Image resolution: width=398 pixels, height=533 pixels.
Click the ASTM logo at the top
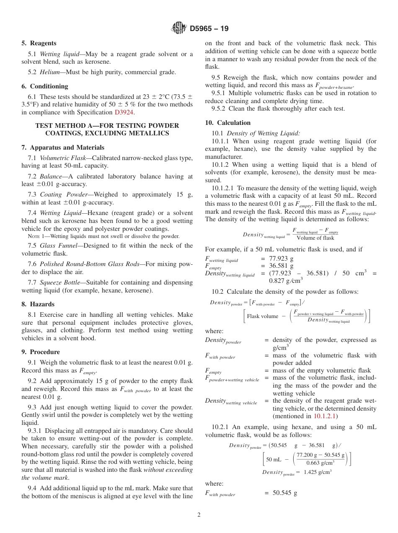[179, 28]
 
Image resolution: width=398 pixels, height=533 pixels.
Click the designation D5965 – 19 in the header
[209, 29]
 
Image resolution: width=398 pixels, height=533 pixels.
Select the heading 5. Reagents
[39, 43]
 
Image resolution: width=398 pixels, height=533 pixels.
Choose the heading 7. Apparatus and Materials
[63, 147]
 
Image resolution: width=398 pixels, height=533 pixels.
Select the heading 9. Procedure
[40, 352]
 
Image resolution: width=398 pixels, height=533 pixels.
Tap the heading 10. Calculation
[227, 123]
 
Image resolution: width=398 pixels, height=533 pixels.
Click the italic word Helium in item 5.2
[49, 72]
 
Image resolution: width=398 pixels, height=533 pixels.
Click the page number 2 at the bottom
[199, 515]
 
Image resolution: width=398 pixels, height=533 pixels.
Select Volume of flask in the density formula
[315, 238]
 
